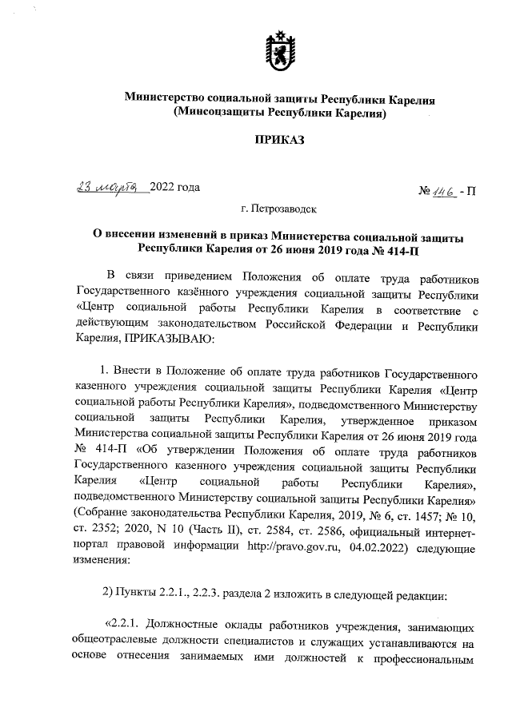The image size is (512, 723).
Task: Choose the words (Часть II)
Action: pos(230,534)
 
